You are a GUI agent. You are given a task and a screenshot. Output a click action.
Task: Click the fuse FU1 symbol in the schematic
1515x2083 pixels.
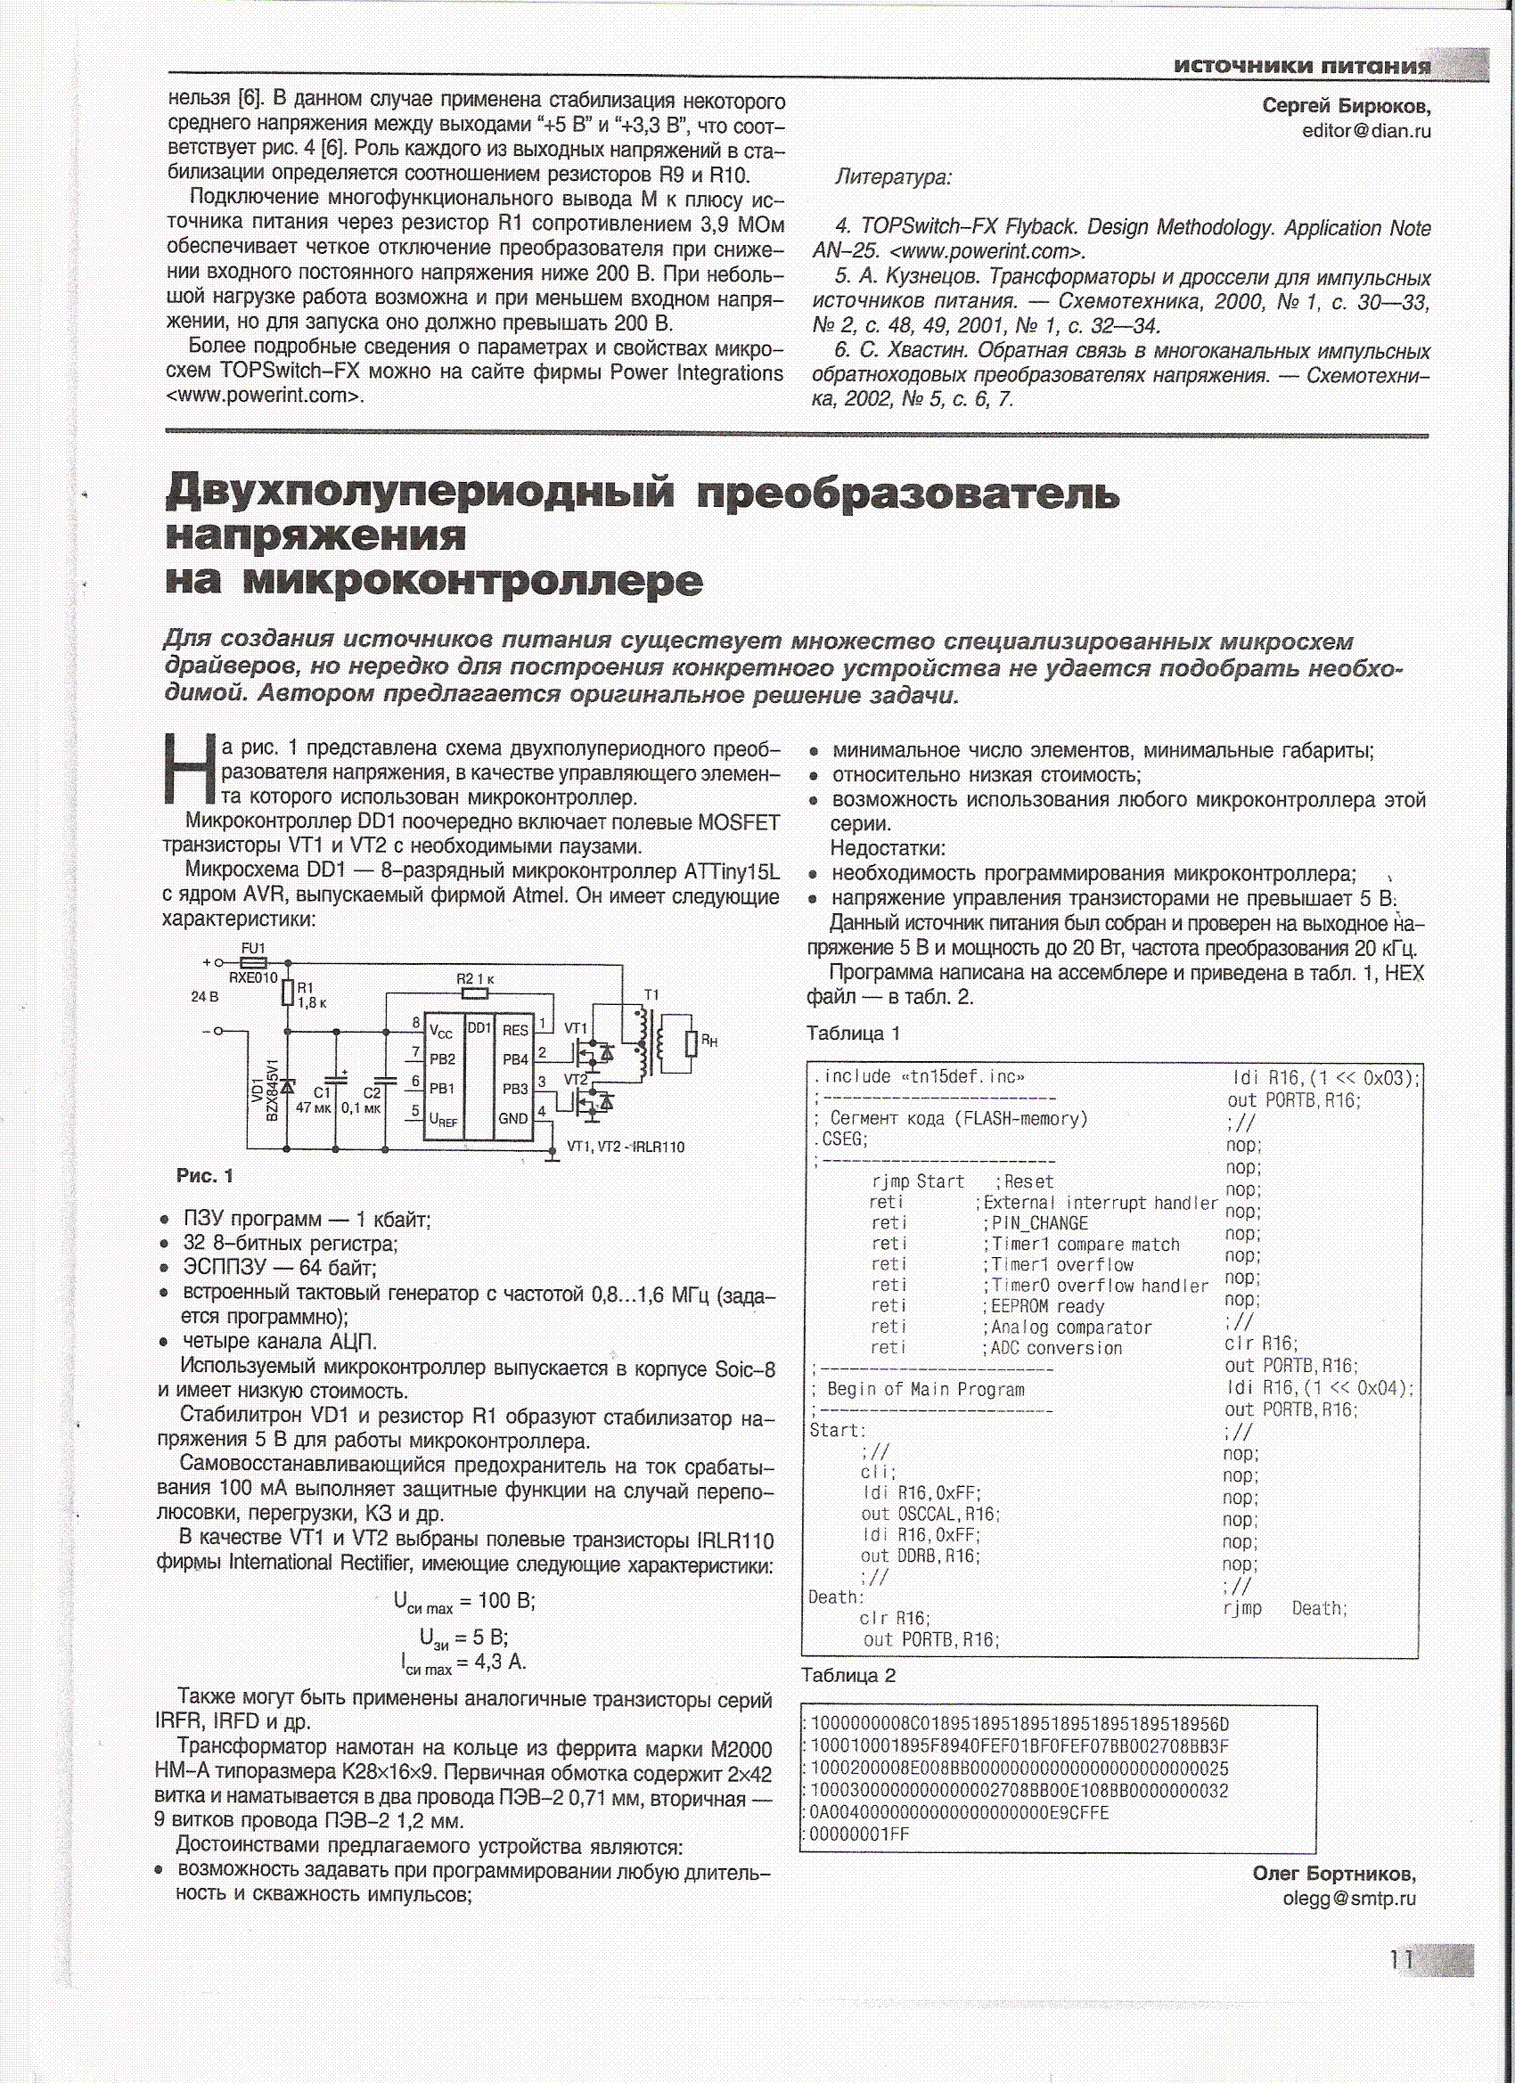click(253, 962)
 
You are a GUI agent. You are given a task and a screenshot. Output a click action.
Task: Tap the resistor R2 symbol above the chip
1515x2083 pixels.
click(474, 992)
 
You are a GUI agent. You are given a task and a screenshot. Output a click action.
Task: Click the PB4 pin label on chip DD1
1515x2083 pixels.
click(514, 1059)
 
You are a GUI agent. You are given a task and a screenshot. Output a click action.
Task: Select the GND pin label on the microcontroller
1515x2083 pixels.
click(512, 1119)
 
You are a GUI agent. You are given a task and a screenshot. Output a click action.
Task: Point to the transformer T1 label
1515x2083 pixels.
click(651, 994)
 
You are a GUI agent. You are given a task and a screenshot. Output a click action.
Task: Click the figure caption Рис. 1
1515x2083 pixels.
click(205, 1177)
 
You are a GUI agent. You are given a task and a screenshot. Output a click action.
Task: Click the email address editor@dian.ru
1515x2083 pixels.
click(1366, 130)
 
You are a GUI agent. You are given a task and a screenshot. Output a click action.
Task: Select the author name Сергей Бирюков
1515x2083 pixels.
click(1346, 106)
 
